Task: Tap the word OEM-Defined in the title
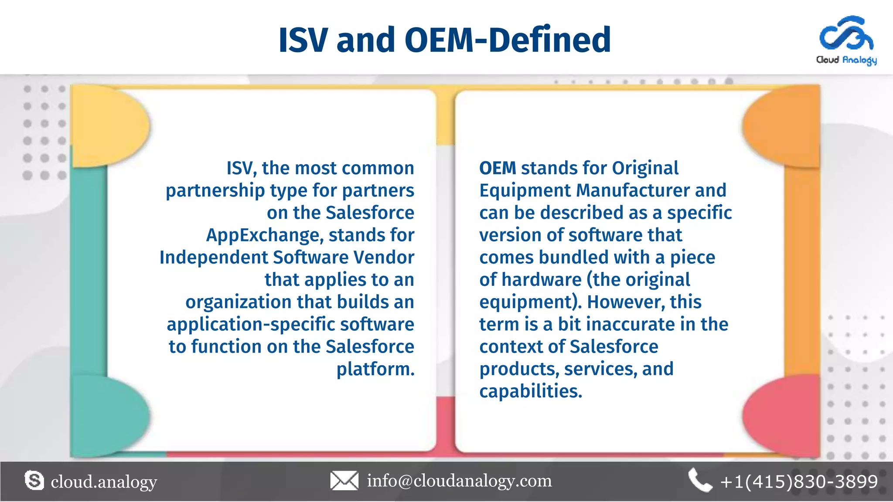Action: (x=508, y=40)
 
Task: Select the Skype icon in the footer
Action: (x=34, y=481)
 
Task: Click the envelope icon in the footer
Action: (x=344, y=481)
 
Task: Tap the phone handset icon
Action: (x=699, y=481)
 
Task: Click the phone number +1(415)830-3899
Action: (x=799, y=482)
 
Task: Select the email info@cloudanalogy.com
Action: (x=459, y=481)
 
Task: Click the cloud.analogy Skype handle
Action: (x=104, y=482)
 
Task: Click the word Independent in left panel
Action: (x=214, y=258)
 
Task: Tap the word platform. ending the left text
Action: (x=375, y=369)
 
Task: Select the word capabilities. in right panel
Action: (x=531, y=391)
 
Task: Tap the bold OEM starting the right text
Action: (x=498, y=168)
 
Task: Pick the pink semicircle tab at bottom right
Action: (x=781, y=414)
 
